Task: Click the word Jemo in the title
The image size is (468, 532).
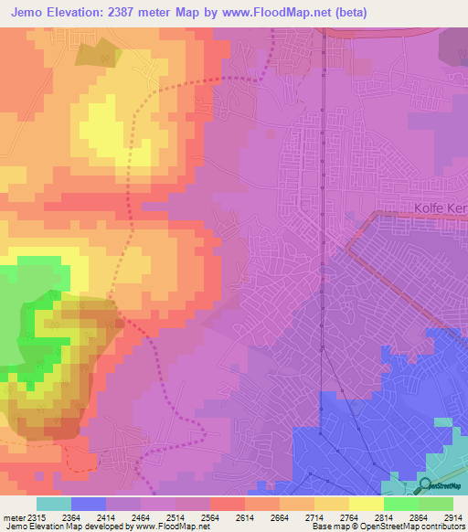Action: click(x=28, y=11)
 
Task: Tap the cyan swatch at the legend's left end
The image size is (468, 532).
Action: click(x=54, y=504)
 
